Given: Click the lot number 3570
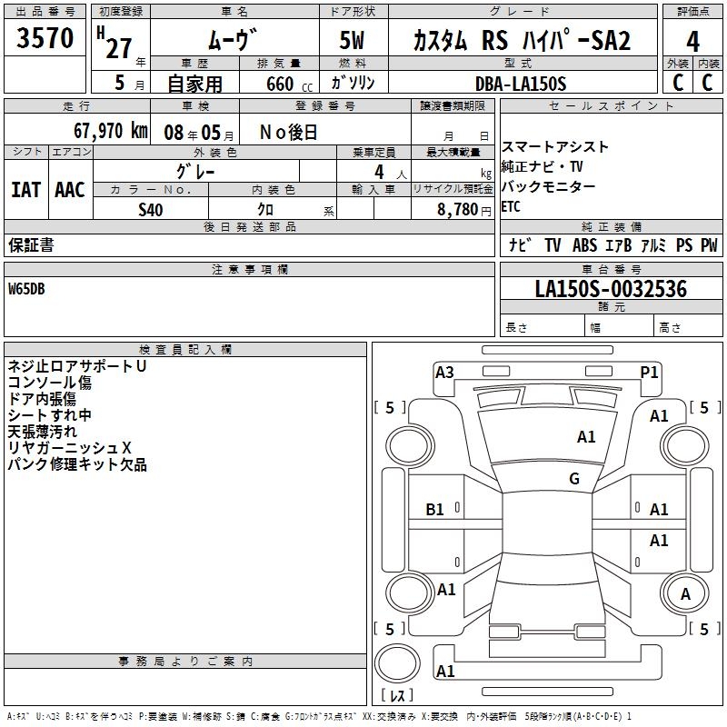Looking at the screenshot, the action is coord(45,39).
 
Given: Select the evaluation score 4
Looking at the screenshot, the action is coord(693,42).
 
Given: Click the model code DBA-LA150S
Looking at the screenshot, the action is coord(521,84).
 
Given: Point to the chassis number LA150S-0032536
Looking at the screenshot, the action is coord(611,289).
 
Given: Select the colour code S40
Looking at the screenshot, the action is coord(151,209).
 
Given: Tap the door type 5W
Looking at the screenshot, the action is coord(354,42).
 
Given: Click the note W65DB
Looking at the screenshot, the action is coord(26,289).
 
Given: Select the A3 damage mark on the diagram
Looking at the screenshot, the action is coord(444,372).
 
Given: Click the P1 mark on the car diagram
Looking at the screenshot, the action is coord(649,372).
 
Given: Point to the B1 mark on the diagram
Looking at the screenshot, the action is coord(435,510).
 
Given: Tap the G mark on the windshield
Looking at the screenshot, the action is coord(574,479).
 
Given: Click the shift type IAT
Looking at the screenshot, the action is coord(25,189).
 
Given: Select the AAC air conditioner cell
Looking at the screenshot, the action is coord(69,189).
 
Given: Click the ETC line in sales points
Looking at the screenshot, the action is coord(512,206).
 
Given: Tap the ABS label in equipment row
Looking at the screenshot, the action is coord(584,245).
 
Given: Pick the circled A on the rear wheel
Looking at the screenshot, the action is coord(685,594).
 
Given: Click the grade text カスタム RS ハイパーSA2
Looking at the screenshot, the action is coord(521,42).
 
